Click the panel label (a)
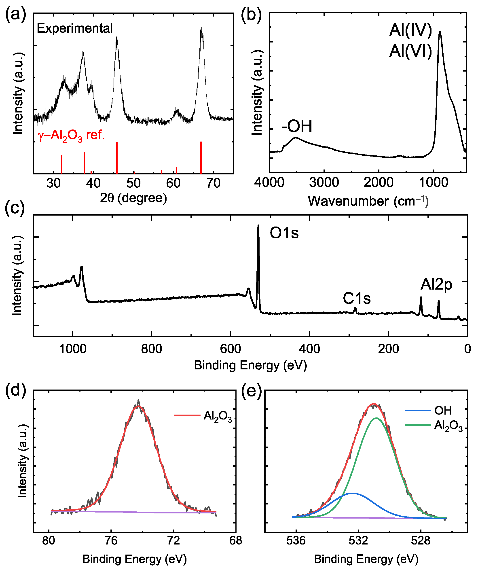tap(15, 14)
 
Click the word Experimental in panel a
tap(75, 28)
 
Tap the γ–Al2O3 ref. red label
tap(71, 135)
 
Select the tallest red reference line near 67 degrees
tap(201, 157)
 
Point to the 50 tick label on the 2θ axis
tap(133, 183)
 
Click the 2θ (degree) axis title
tap(133, 198)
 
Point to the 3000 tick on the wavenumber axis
tap(324, 182)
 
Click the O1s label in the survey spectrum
tap(284, 233)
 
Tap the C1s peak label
tap(357, 298)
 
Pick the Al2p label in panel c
tap(436, 285)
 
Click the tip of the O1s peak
tap(258, 226)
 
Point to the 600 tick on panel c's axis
tap(231, 349)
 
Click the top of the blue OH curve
tap(352, 493)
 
